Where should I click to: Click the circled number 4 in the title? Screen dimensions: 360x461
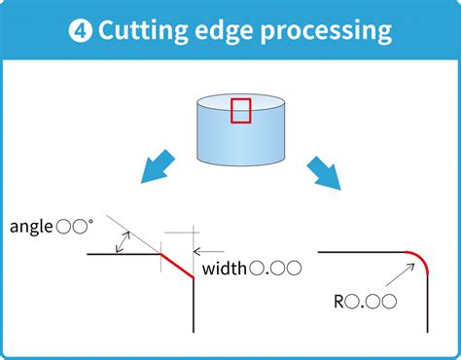coord(79,30)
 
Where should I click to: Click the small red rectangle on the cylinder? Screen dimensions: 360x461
coord(240,110)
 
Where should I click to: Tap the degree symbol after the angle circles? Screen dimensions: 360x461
coord(92,223)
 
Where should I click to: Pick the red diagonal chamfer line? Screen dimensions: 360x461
coord(178,266)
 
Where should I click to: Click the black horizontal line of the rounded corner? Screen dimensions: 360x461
coord(360,252)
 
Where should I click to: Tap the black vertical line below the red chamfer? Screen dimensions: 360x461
coord(195,306)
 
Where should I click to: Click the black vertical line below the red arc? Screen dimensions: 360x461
coord(429,306)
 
